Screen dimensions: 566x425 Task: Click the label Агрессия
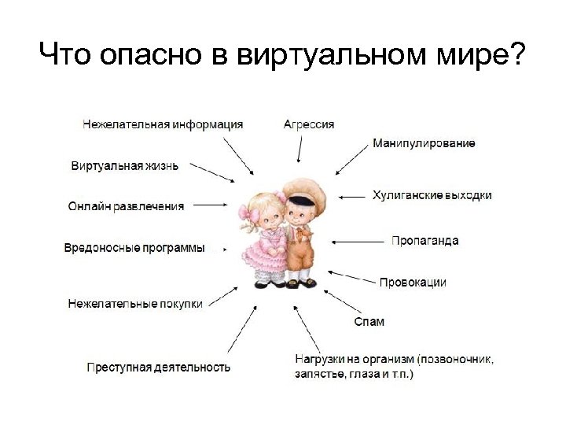tap(308, 124)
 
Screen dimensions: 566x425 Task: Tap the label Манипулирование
tap(424, 144)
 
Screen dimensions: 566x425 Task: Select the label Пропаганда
tap(424, 241)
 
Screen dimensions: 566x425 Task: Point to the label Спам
tap(369, 322)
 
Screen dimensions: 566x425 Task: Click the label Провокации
tap(413, 282)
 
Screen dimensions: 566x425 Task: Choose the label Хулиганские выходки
tap(432, 195)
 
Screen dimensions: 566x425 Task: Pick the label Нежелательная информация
tap(163, 124)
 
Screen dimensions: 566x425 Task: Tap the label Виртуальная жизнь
tap(124, 166)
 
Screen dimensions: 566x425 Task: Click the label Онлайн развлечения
tap(126, 206)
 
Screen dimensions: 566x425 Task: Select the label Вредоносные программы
tap(134, 248)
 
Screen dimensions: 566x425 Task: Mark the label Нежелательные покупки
tap(135, 303)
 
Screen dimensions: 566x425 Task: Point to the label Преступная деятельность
tap(158, 367)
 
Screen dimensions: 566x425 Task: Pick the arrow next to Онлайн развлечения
tap(210, 205)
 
